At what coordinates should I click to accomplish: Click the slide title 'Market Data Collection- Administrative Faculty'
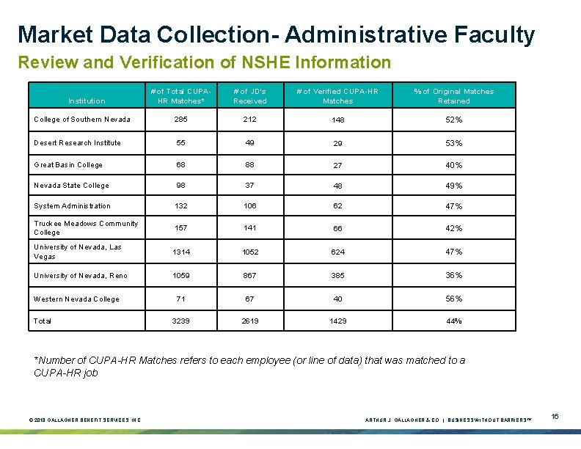click(276, 34)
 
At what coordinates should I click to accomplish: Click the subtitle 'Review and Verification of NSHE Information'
click(205, 62)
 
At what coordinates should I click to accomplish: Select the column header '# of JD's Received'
click(249, 96)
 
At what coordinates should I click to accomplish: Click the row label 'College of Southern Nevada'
click(82, 120)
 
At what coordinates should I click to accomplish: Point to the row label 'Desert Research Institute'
click(77, 142)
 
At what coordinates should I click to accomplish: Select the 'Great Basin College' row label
click(68, 165)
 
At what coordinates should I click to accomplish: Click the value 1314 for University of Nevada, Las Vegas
click(181, 252)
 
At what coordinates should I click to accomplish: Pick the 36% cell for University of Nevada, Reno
click(453, 275)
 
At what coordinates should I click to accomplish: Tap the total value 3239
click(181, 321)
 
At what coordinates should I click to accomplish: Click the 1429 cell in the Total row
click(338, 321)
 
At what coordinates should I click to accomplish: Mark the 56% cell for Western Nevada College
click(453, 299)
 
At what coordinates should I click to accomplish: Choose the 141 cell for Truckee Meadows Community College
click(249, 228)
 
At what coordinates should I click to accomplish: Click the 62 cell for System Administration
click(338, 206)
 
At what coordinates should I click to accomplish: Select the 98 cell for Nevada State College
click(181, 186)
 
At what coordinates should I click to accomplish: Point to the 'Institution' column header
click(87, 101)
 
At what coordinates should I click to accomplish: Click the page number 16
click(555, 417)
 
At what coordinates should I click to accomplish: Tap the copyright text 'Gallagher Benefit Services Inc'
click(85, 420)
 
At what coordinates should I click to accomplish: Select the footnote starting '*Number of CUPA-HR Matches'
click(249, 366)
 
